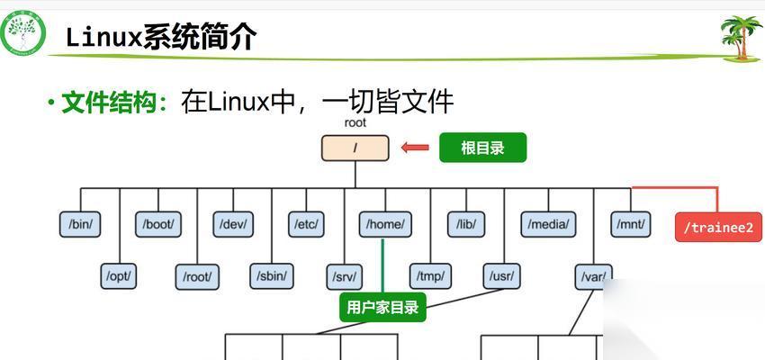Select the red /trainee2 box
point(718,227)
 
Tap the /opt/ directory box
point(119,275)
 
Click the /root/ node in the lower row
point(196,276)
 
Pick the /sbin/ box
point(271,276)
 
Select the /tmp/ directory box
point(430,276)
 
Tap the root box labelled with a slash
point(355,148)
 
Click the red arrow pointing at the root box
point(415,148)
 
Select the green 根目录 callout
point(481,148)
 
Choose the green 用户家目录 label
point(382,308)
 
